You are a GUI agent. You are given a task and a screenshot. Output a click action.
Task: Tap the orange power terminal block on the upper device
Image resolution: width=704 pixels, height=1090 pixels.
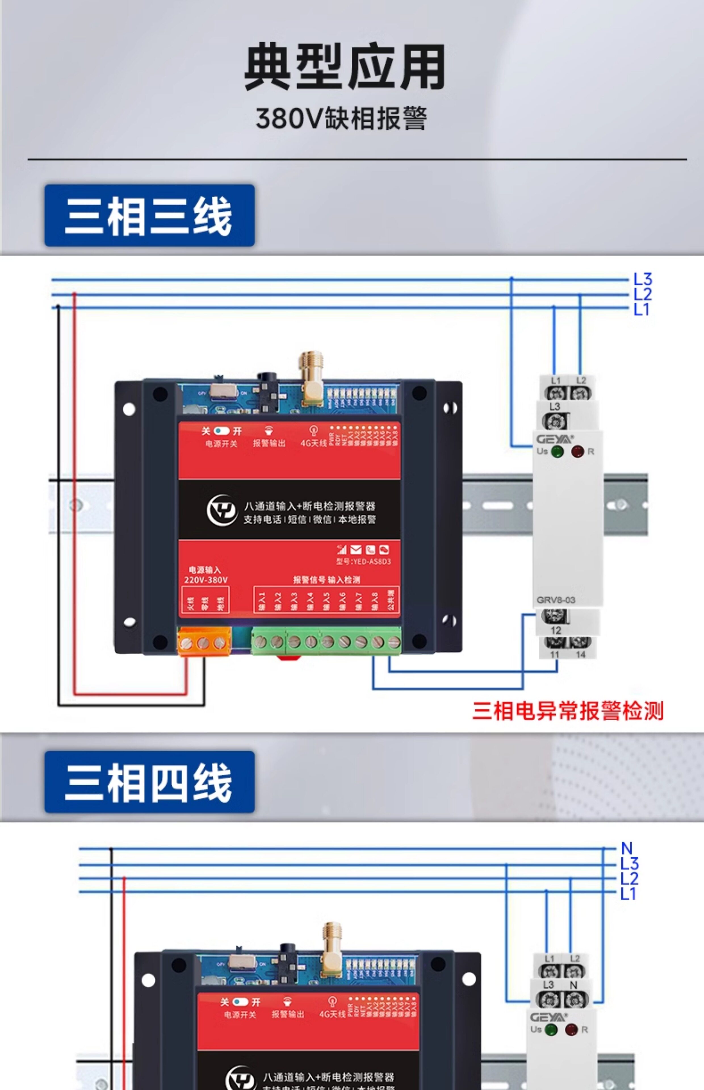(204, 642)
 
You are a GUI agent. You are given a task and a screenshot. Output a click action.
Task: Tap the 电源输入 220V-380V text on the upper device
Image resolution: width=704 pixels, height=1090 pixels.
(205, 575)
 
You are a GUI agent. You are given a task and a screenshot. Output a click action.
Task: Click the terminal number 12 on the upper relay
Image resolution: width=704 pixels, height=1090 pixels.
(556, 630)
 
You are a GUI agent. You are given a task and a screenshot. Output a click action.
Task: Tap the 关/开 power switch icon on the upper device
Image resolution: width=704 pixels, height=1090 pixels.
(222, 431)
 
